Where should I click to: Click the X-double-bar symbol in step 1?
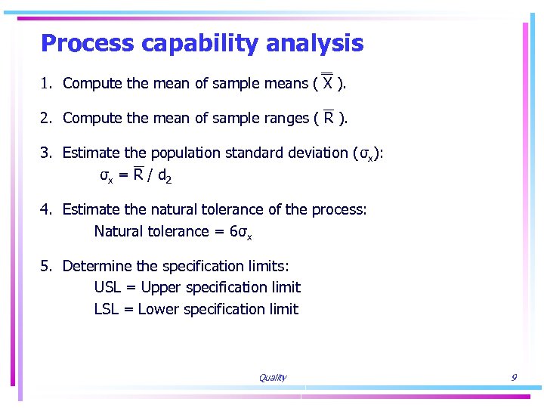327,82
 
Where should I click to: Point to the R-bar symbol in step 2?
329,117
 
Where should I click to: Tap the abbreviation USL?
108,287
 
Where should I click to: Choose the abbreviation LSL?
107,309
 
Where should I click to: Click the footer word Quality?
272,378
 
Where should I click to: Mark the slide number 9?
514,377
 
